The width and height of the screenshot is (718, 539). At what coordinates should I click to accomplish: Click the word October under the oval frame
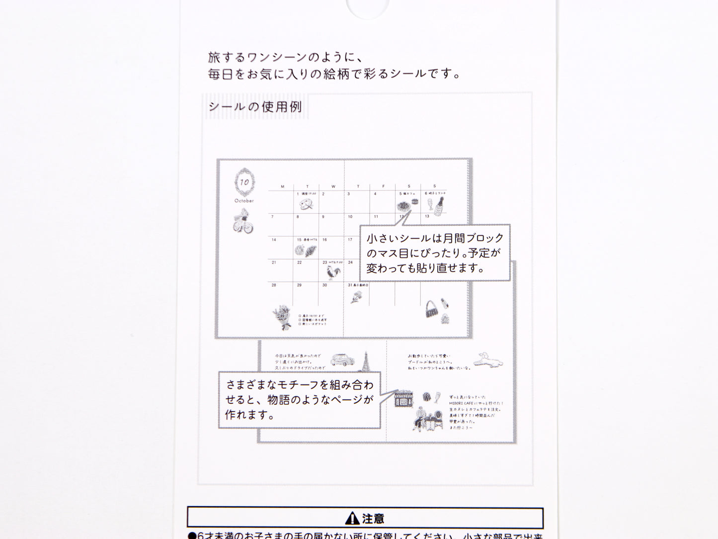(244, 201)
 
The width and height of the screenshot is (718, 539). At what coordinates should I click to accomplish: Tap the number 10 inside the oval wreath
(244, 182)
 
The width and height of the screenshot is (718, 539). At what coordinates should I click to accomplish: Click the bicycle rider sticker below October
(243, 221)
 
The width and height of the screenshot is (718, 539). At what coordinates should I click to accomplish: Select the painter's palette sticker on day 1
(306, 204)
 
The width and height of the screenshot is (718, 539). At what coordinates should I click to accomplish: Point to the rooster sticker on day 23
(331, 272)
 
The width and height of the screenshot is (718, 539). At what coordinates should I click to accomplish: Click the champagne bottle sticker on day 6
(440, 206)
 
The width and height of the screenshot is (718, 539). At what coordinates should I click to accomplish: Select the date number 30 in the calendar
(324, 285)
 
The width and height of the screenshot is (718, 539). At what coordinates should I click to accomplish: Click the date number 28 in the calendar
(274, 285)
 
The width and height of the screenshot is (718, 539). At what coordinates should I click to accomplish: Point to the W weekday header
(333, 187)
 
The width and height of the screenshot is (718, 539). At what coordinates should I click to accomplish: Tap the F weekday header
(383, 187)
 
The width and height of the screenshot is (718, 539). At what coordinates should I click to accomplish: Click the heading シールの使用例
(255, 107)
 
